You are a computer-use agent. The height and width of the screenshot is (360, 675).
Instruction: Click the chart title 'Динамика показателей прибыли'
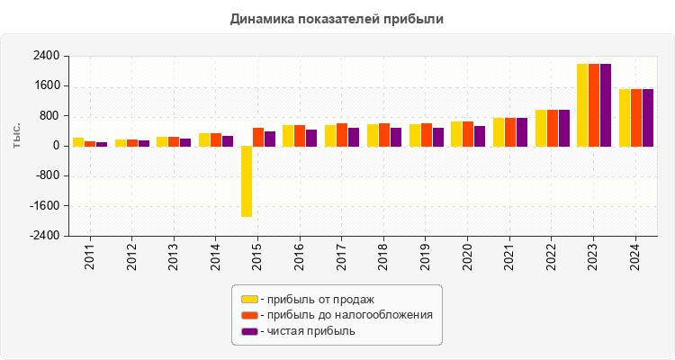tap(337, 18)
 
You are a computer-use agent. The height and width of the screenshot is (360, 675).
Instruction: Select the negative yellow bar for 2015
tap(246, 181)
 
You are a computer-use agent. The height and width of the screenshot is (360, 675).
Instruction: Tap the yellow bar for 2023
tap(582, 104)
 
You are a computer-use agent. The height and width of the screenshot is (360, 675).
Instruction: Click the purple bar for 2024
tap(648, 117)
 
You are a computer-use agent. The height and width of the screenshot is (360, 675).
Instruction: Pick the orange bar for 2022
tap(553, 128)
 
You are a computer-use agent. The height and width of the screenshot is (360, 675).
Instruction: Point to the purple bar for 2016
tap(311, 138)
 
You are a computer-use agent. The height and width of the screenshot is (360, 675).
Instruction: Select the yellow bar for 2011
tap(78, 141)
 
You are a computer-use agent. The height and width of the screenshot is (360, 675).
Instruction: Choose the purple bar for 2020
tap(480, 136)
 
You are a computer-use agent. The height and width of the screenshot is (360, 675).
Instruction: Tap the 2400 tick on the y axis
tap(47, 56)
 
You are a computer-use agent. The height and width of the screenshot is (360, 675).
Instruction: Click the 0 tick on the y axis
tap(56, 146)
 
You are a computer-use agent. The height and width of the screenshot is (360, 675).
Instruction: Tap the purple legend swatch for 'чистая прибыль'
tap(248, 331)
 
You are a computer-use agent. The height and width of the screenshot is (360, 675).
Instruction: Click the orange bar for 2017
tap(342, 134)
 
